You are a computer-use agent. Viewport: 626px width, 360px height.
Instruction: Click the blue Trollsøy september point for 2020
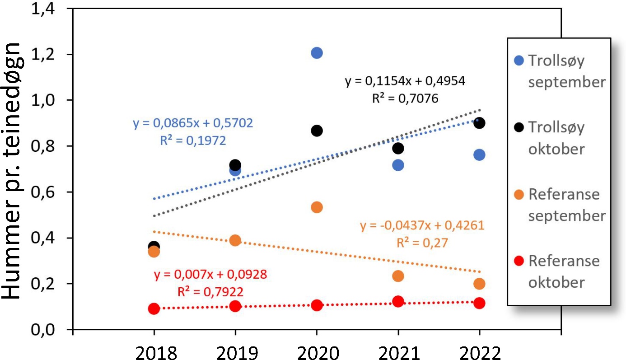[317, 53]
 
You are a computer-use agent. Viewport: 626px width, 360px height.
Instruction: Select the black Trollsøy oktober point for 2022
[479, 123]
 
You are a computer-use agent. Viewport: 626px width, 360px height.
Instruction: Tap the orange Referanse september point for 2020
[317, 207]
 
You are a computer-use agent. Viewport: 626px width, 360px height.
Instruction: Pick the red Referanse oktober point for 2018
[154, 309]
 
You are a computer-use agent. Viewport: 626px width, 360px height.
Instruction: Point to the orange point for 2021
[398, 276]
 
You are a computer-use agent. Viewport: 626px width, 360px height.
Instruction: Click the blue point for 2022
[479, 155]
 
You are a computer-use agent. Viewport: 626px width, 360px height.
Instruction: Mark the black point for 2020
[317, 131]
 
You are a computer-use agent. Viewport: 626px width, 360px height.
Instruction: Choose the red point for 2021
[398, 301]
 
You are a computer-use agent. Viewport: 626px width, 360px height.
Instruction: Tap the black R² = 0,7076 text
[405, 98]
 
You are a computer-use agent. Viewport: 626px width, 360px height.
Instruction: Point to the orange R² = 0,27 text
[422, 243]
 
